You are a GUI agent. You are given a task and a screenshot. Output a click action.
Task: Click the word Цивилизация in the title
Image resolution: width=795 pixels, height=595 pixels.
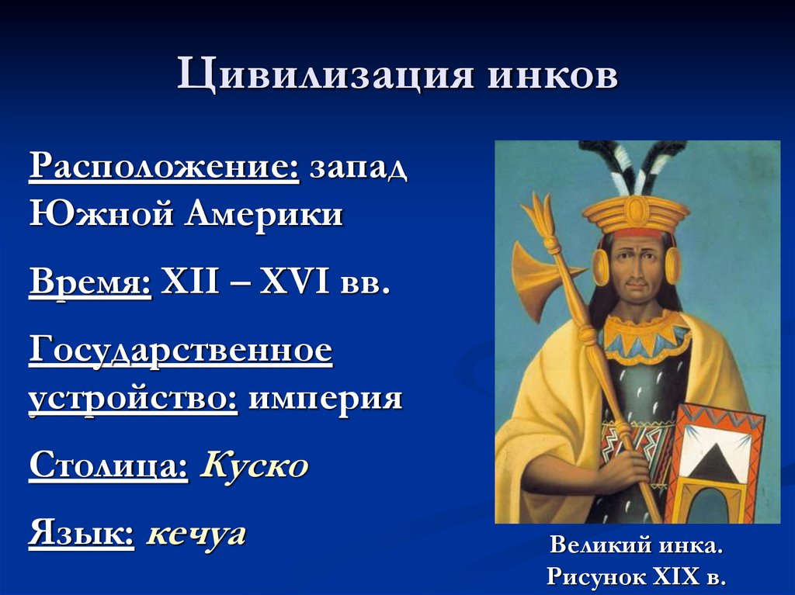click(x=324, y=78)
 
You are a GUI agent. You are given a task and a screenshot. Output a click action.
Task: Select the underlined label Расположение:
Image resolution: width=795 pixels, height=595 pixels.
click(x=164, y=169)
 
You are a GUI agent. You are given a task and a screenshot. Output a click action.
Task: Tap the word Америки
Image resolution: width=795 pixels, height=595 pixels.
click(x=263, y=213)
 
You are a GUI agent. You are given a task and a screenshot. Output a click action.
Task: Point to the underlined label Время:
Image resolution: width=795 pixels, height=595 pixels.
click(x=90, y=283)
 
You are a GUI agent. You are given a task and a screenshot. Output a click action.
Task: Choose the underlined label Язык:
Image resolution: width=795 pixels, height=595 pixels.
click(x=81, y=534)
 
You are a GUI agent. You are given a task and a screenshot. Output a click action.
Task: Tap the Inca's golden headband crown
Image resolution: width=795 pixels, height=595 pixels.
click(x=636, y=213)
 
